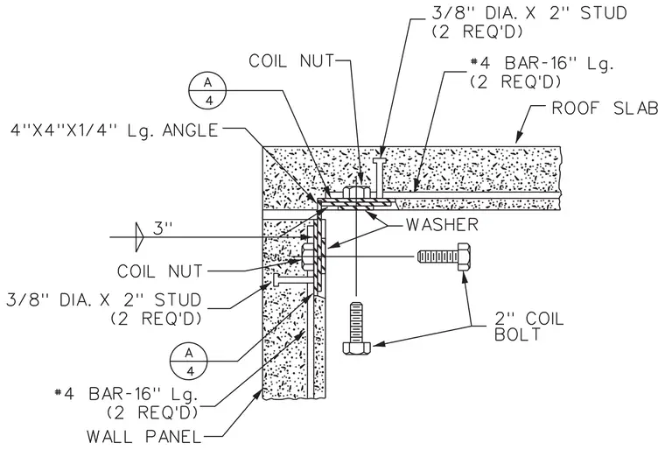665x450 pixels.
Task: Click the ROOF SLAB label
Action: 605,109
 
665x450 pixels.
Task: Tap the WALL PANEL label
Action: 143,436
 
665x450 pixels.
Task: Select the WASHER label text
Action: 442,225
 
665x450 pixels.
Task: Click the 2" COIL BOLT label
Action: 529,327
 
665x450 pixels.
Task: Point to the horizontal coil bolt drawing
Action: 444,257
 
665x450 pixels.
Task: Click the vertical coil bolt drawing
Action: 356,327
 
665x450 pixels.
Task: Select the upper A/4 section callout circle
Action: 207,90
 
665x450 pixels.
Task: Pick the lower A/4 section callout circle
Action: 189,362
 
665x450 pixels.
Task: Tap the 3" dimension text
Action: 163,229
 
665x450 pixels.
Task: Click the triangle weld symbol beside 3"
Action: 139,237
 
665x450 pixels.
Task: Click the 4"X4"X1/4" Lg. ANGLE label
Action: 115,130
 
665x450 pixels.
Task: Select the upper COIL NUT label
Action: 291,61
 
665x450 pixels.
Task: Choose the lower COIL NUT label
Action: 160,271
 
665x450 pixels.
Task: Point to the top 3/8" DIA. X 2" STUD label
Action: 528,21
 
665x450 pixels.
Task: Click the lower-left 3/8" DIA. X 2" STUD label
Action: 103,309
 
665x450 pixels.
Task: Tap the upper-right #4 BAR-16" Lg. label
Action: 542,72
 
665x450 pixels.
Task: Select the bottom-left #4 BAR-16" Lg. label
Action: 127,403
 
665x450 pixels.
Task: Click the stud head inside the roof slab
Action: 379,160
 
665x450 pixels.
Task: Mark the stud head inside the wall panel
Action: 276,281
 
